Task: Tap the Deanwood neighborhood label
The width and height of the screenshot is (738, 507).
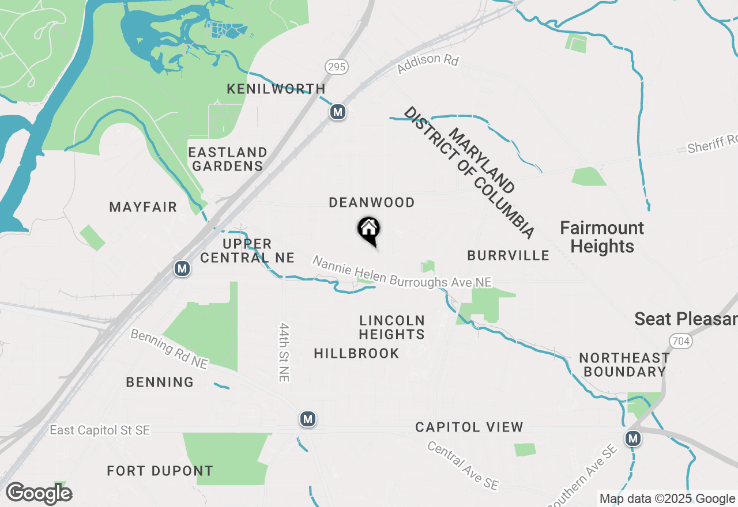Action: tap(371, 202)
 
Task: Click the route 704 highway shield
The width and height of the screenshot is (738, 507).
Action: tap(681, 342)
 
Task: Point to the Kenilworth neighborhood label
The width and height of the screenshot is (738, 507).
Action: tap(276, 89)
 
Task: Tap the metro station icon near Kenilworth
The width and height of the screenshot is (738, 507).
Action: tap(338, 112)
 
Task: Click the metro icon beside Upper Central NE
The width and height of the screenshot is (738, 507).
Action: tap(182, 268)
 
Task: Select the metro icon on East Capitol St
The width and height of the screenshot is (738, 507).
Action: tap(308, 419)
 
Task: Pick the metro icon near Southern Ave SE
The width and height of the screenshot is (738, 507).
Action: tap(634, 438)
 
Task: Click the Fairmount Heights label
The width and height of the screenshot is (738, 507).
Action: tap(602, 237)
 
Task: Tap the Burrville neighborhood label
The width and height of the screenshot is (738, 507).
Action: tap(508, 255)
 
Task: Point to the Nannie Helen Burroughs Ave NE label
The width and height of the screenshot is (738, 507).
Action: tap(402, 273)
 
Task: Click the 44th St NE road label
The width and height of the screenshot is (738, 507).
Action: tap(284, 351)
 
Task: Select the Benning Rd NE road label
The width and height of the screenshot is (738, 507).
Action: tap(168, 349)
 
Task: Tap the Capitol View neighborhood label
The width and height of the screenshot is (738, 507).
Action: tap(469, 427)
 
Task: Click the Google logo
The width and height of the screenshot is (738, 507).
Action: tap(39, 493)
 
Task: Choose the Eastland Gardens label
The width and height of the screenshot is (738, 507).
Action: tap(228, 159)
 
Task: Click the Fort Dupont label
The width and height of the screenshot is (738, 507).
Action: tap(160, 471)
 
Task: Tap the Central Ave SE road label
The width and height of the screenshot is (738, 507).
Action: tap(462, 466)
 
